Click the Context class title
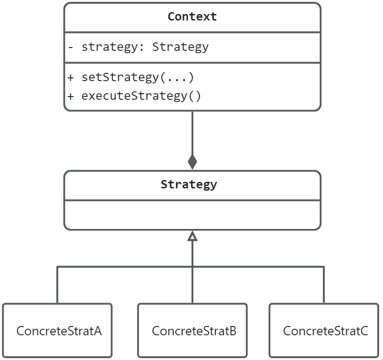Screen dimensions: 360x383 coord(192,17)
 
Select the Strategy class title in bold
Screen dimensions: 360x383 coord(189,184)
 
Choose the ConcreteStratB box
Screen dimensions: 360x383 coord(192,331)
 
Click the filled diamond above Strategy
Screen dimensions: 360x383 coord(192,162)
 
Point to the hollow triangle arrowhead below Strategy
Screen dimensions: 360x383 coord(192,236)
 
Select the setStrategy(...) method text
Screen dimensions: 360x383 coord(137,77)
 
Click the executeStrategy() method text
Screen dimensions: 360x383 coord(141,96)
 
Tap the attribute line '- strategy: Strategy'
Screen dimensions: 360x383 coord(138,47)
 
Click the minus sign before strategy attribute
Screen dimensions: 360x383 coord(70,47)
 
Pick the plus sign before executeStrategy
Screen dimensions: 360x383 coord(70,96)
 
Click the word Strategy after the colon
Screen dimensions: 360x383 coord(180,47)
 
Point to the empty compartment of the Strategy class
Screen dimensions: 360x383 coord(192,215)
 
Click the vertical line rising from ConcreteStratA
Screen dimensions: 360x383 coord(57,285)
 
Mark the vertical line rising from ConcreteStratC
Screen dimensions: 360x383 coord(324,285)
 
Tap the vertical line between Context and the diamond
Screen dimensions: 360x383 coord(192,133)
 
